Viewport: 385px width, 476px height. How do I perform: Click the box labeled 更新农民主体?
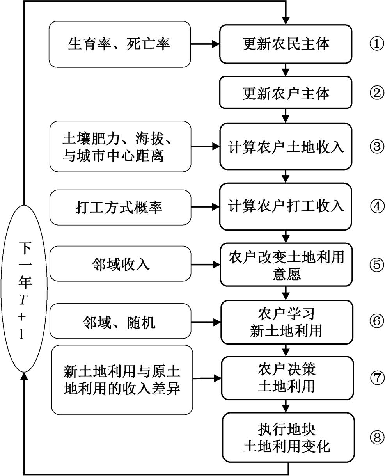pyautogui.click(x=286, y=44)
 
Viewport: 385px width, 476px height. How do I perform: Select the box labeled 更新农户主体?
pyautogui.click(x=286, y=93)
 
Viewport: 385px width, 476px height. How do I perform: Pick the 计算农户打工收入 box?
pyautogui.click(x=286, y=206)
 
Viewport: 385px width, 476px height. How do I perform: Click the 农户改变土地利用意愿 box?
pyautogui.click(x=286, y=265)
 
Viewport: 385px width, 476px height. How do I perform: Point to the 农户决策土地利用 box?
pyautogui.click(x=286, y=378)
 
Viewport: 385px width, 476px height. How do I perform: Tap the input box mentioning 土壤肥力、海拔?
pyautogui.click(x=120, y=147)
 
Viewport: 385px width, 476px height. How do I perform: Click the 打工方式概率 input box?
pyautogui.click(x=119, y=206)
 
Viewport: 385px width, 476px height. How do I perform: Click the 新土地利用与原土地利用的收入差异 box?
pyautogui.click(x=122, y=380)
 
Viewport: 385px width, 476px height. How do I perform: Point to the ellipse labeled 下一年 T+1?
pyautogui.click(x=24, y=289)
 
